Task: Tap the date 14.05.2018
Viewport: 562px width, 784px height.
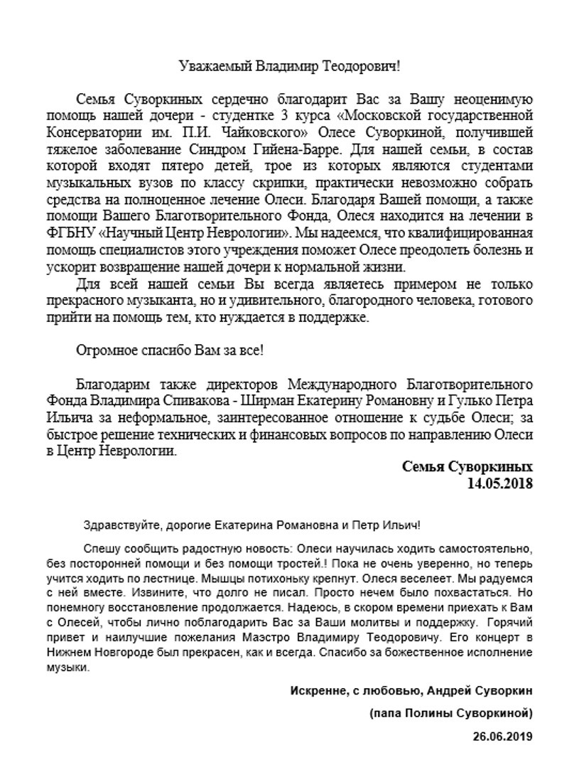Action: pos(499,483)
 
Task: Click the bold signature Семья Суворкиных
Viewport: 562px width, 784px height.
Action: pos(467,467)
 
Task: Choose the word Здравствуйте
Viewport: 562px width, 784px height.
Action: pos(117,526)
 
